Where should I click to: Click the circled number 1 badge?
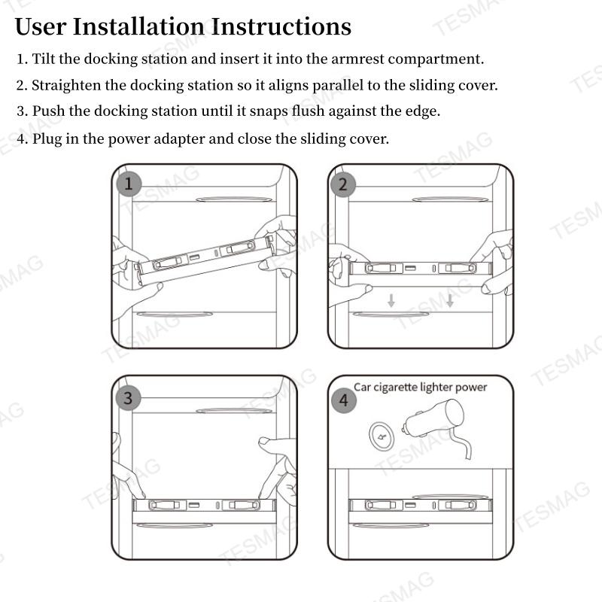[x=129, y=183]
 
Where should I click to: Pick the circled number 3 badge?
[x=128, y=397]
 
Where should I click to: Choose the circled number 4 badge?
[x=343, y=400]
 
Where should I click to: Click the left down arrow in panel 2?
[x=391, y=301]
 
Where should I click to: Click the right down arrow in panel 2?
[x=449, y=301]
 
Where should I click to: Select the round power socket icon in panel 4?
[x=382, y=436]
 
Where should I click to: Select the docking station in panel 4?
[x=420, y=505]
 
